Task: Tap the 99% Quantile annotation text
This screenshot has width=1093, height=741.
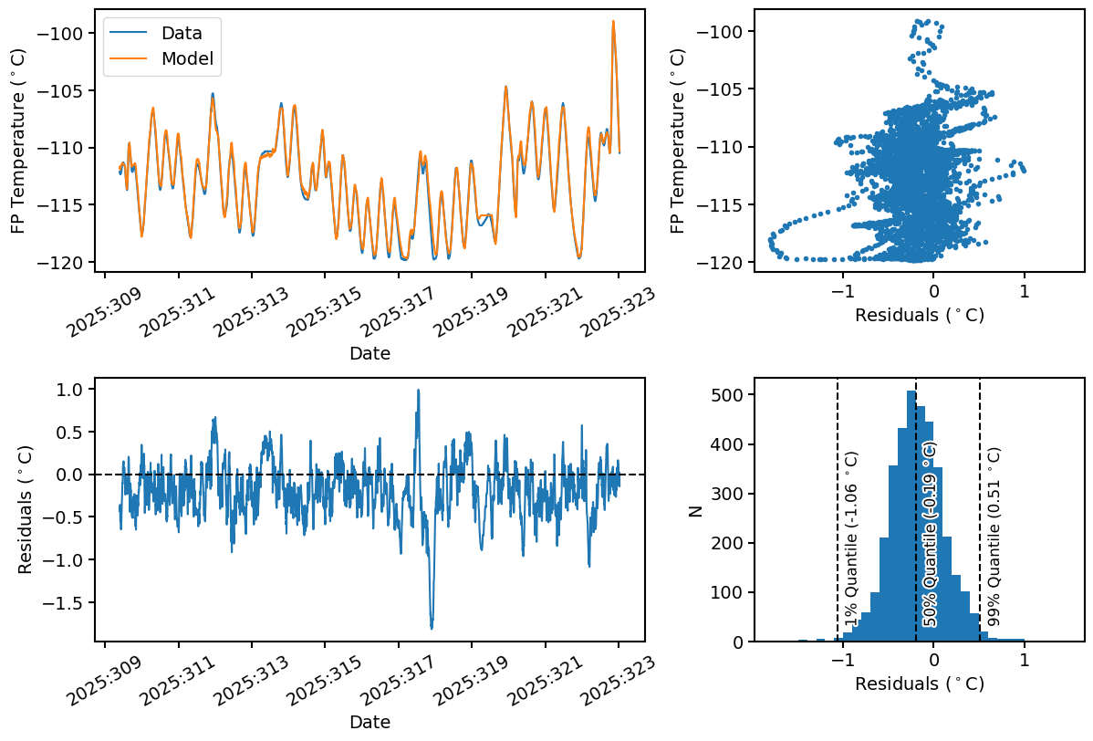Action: point(994,537)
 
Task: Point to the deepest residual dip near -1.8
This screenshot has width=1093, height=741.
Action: point(432,628)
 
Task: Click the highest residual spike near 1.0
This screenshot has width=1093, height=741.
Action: point(418,391)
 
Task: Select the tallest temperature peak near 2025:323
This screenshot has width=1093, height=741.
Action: point(613,21)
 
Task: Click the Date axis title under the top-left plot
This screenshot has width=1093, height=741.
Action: point(370,353)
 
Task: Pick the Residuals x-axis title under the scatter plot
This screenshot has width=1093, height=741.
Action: point(919,316)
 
